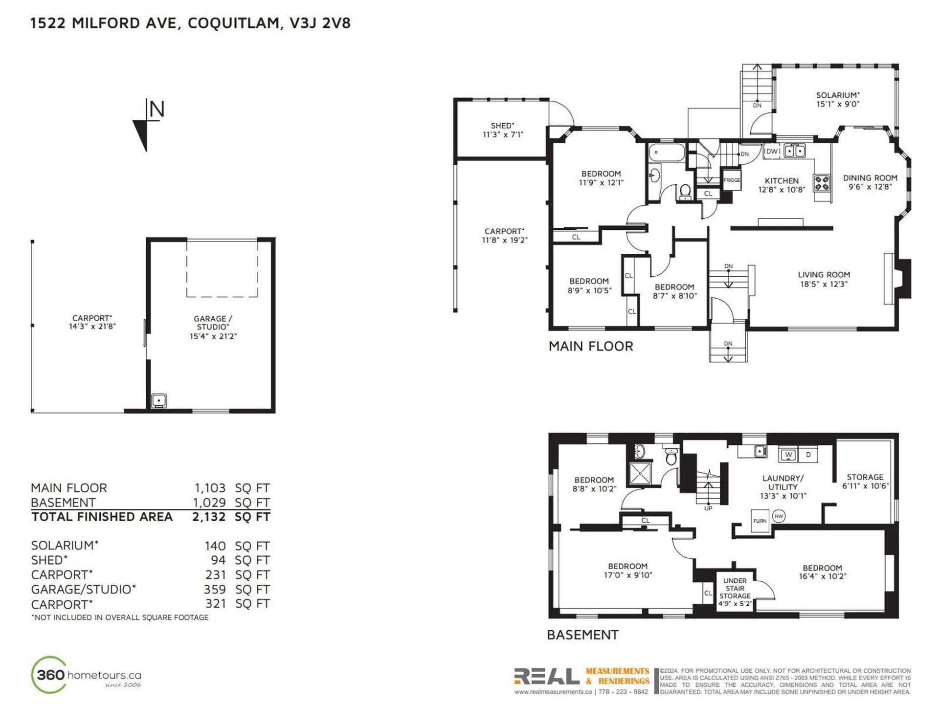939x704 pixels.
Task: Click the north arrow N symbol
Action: (x=148, y=125)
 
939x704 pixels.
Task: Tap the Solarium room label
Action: (x=837, y=95)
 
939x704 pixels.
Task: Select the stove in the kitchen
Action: (x=822, y=183)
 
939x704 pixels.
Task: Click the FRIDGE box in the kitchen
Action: (x=732, y=180)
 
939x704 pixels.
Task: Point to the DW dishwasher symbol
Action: (x=772, y=151)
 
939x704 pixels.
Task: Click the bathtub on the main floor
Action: (x=667, y=153)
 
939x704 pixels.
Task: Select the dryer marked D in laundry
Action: (x=808, y=455)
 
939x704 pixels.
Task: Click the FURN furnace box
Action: (x=760, y=521)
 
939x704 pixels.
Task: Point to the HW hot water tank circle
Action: (x=779, y=516)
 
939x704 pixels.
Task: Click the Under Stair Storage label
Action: (x=735, y=588)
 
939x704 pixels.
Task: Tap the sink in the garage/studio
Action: (x=158, y=401)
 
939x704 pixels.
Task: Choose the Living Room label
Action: (x=824, y=275)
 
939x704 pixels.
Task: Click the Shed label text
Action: (x=502, y=126)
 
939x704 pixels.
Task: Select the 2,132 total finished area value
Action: (x=209, y=517)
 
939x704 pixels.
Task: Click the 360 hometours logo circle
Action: (x=48, y=675)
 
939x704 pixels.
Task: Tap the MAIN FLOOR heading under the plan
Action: (x=591, y=346)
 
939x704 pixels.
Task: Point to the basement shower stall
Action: (x=640, y=472)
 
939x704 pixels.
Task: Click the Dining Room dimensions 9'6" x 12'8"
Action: (x=870, y=187)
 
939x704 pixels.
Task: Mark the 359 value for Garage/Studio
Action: (x=215, y=590)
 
